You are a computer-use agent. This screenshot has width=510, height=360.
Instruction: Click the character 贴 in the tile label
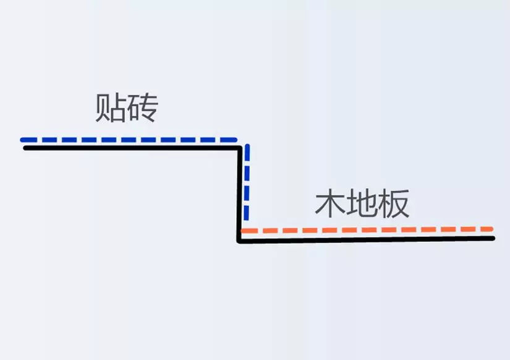tap(110, 108)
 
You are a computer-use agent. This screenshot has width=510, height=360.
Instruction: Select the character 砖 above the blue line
tap(142, 108)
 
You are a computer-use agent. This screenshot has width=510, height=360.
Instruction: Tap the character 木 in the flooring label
tap(331, 204)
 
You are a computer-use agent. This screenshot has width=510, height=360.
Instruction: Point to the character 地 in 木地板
tap(362, 204)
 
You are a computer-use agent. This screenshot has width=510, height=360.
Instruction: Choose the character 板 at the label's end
tap(394, 204)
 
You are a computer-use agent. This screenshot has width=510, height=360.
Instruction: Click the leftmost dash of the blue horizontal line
tap(28, 140)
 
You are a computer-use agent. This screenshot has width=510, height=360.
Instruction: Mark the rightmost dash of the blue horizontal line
tap(229, 140)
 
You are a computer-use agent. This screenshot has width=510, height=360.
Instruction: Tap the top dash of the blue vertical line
tap(247, 152)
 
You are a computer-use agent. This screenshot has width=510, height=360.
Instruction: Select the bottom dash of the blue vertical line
tap(247, 213)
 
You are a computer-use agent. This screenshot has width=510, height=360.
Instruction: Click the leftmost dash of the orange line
tap(250, 231)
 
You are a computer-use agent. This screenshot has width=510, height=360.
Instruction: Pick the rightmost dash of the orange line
tap(487, 229)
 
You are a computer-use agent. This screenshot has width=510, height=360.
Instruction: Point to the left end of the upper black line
tap(25, 148)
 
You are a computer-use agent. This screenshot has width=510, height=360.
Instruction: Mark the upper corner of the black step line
tap(240, 148)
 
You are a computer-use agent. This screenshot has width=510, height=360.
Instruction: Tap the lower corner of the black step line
tap(239, 241)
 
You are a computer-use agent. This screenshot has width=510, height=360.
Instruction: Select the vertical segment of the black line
tap(240, 195)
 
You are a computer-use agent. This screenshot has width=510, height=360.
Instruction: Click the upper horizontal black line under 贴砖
tap(132, 148)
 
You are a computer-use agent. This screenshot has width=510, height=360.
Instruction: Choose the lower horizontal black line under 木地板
tap(366, 240)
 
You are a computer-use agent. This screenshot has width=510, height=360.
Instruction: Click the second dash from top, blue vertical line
tap(247, 173)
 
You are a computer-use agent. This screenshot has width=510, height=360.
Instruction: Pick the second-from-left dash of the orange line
tap(270, 231)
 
